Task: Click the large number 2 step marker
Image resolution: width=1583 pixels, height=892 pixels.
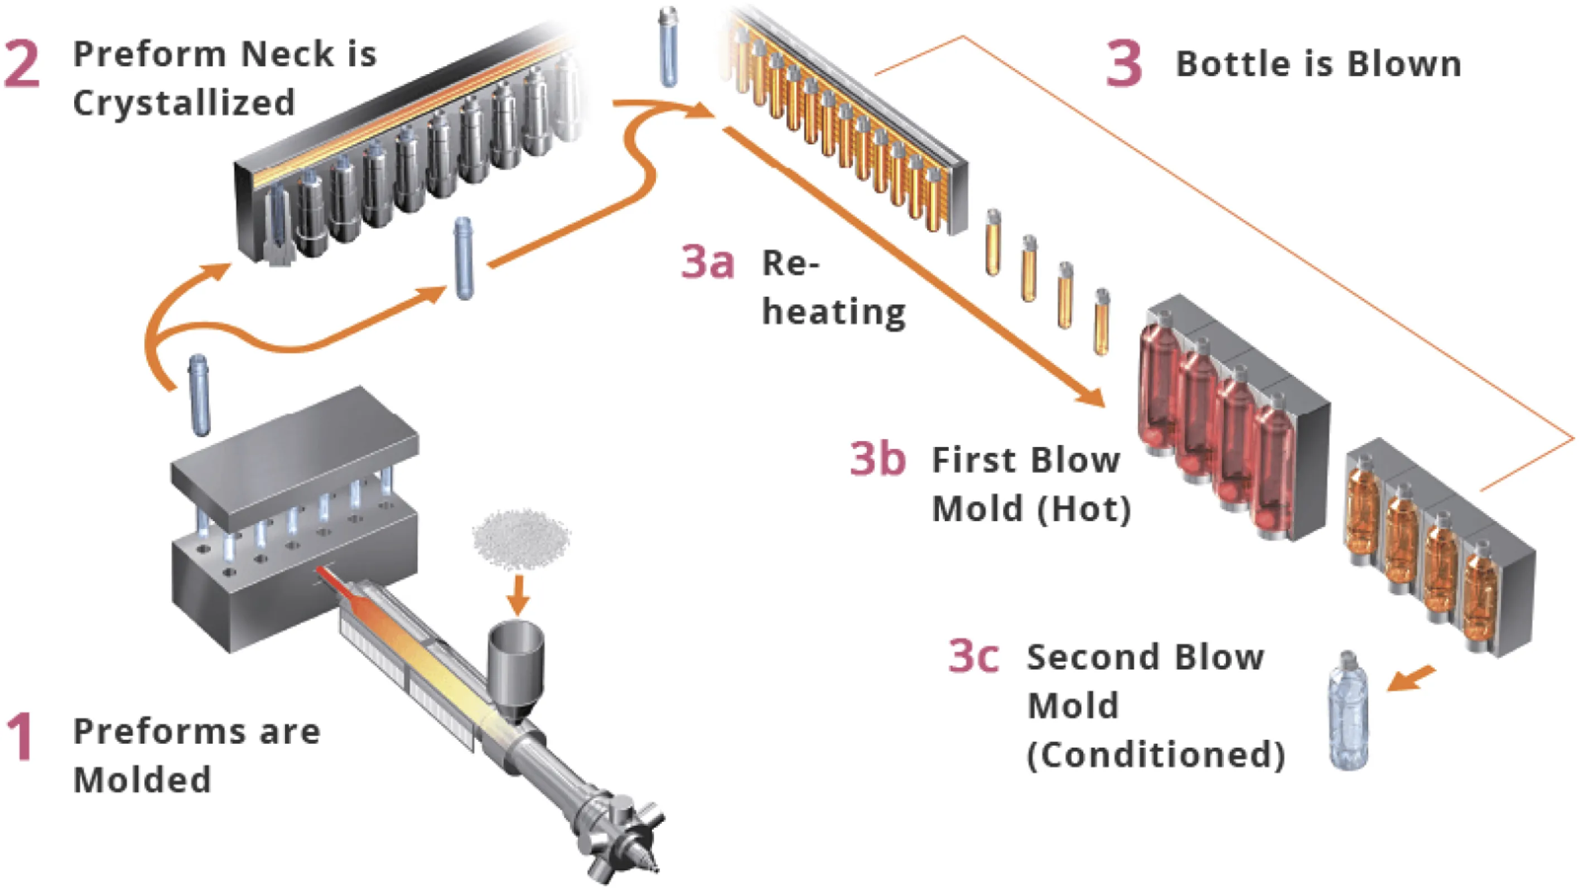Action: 22,64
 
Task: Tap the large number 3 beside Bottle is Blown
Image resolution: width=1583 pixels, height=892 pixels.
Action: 1123,64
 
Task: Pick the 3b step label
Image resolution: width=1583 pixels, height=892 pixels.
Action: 877,458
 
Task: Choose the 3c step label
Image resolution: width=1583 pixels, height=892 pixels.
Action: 973,656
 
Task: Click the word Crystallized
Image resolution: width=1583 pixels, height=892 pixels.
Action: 185,102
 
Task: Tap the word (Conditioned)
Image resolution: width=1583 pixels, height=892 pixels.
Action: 1155,754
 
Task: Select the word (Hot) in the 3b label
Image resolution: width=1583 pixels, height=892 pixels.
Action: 1085,508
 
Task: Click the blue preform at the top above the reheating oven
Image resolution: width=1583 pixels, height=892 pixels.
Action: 668,46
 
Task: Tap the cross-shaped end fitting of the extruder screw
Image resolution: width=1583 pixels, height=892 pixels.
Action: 621,826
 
